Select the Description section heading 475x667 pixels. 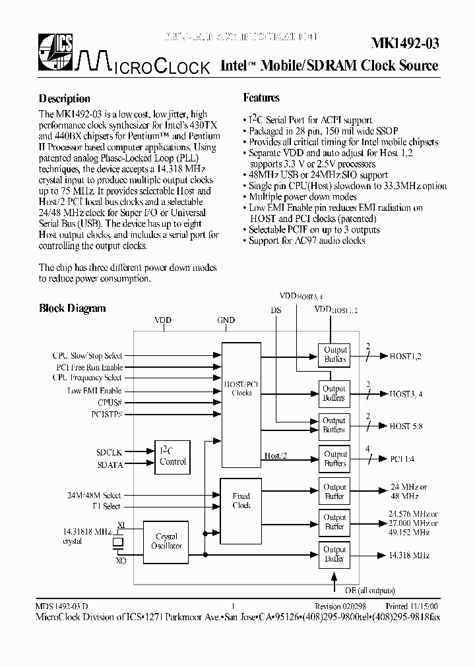[65, 99]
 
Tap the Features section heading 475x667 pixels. [262, 98]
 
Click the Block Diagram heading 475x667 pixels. [73, 308]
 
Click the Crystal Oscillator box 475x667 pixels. [166, 542]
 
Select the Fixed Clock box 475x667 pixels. [241, 500]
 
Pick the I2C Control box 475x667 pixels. [173, 456]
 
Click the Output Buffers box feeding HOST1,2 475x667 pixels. [334, 355]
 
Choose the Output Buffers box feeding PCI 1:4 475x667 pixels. [334, 459]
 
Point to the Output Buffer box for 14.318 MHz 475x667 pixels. [334, 554]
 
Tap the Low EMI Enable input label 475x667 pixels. [94, 391]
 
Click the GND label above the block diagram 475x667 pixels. [226, 321]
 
